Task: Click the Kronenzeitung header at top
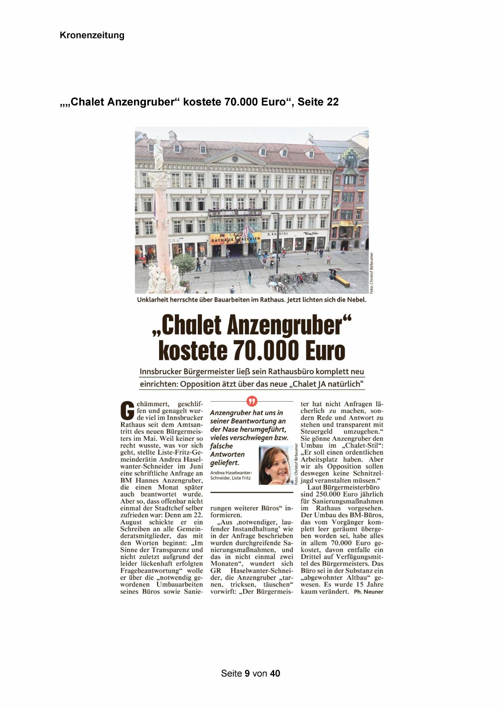pos(92,35)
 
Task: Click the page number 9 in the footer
pos(247,673)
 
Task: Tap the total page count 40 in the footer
pos(275,673)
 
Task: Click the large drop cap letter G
pos(128,411)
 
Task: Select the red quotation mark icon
pos(252,401)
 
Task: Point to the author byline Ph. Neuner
pos(368,592)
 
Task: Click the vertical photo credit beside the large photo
pos(371,273)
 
